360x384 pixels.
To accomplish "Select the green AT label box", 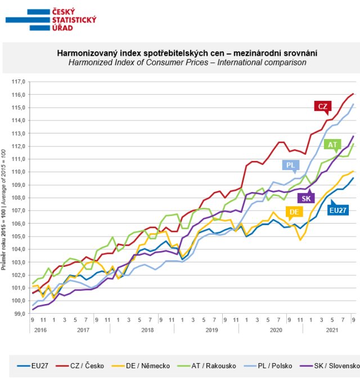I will coord(333,145).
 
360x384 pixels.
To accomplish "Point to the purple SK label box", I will coord(306,198).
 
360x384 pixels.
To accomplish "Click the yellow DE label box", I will coord(293,212).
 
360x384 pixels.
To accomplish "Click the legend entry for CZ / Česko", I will coord(87,366).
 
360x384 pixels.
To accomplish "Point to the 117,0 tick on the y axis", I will coord(19,81).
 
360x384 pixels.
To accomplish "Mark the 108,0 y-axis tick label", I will coord(19,197).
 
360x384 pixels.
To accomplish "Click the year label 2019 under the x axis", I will coord(211,330).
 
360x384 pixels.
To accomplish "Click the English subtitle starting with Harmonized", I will coord(187,62).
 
